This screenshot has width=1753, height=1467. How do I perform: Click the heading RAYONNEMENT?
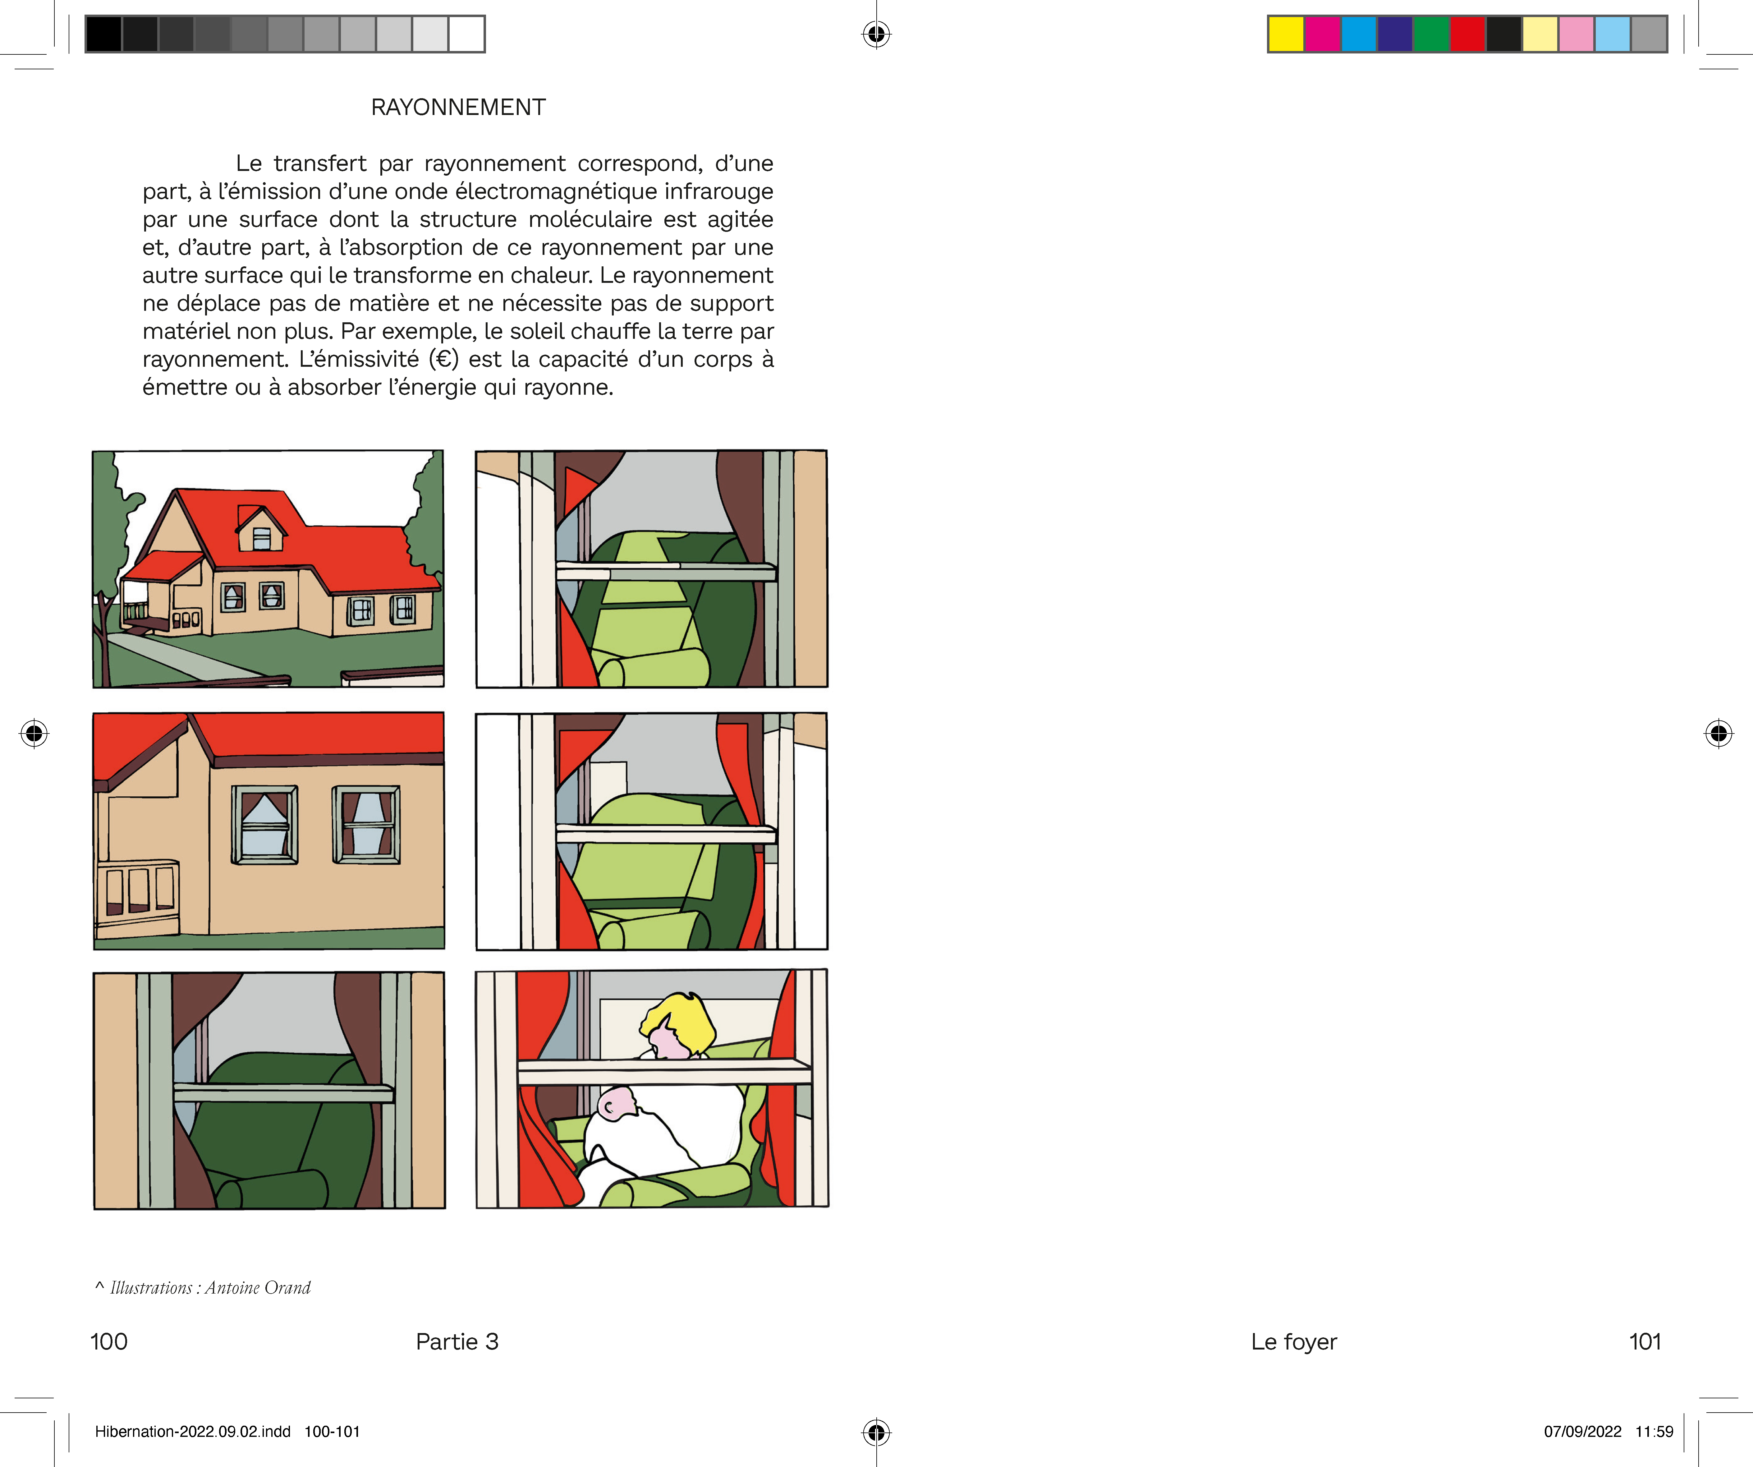coord(458,108)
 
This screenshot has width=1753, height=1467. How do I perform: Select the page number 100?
coord(108,1342)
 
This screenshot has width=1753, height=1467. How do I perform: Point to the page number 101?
coord(1645,1342)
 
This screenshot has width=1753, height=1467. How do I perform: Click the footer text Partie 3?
coord(457,1342)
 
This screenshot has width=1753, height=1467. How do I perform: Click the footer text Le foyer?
coord(1294,1342)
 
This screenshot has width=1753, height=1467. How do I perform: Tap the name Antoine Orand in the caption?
coord(258,1287)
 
